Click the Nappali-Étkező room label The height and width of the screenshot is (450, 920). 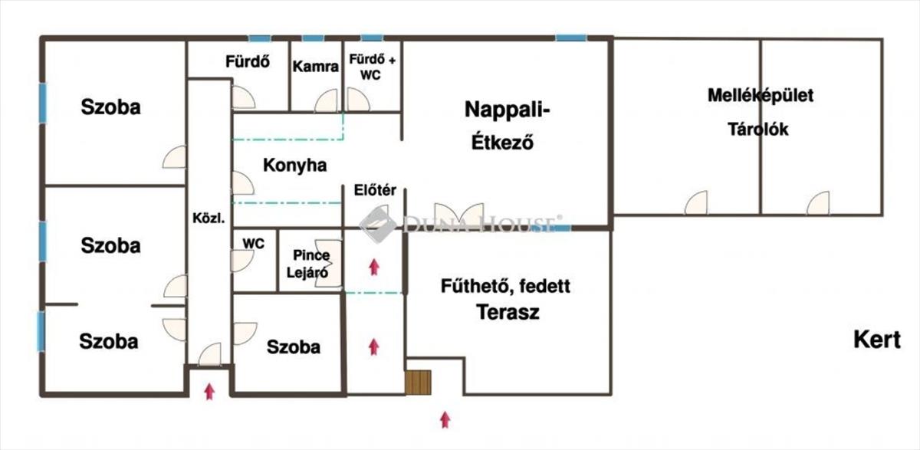click(x=508, y=125)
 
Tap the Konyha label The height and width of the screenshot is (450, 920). click(x=294, y=165)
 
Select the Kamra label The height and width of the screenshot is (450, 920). click(x=315, y=67)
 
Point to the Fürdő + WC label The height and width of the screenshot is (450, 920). click(x=372, y=66)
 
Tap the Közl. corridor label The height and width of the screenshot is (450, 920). click(x=209, y=218)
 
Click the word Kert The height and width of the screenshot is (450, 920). click(x=877, y=340)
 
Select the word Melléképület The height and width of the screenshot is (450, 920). click(x=760, y=97)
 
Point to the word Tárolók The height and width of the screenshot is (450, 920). click(x=757, y=130)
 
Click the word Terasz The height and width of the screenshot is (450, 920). click(x=508, y=313)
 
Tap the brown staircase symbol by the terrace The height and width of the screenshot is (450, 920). click(x=419, y=382)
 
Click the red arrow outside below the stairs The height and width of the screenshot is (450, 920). click(x=445, y=419)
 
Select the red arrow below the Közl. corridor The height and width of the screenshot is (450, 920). click(x=209, y=392)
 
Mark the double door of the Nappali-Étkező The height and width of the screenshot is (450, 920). click(x=458, y=215)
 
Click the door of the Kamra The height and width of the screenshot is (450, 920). click(x=327, y=100)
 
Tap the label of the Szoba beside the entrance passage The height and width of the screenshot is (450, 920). click(x=293, y=347)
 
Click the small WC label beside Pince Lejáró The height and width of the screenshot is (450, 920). click(x=253, y=244)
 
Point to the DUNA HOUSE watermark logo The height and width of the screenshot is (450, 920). click(x=460, y=224)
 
